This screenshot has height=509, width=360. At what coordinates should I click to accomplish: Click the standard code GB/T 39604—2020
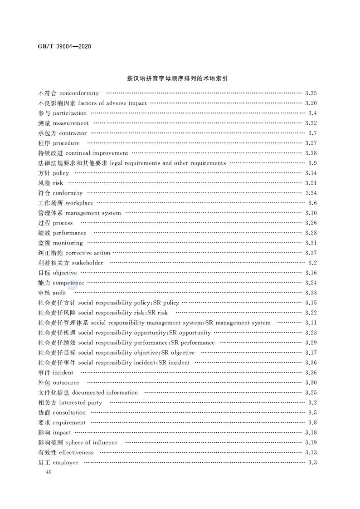[65, 46]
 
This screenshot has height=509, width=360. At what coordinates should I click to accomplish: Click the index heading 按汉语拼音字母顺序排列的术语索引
[177, 78]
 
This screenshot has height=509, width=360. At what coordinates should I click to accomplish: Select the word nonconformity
[79, 93]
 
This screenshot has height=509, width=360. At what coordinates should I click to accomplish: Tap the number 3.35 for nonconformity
[311, 93]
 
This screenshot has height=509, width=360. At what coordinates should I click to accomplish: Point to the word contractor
[73, 133]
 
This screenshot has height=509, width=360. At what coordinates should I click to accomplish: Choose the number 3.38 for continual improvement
[311, 153]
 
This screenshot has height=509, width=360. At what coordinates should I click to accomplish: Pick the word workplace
[79, 203]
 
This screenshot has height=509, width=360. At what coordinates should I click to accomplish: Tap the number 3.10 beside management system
[311, 213]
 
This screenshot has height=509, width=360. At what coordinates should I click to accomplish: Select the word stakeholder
[88, 263]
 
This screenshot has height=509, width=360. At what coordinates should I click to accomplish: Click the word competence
[68, 283]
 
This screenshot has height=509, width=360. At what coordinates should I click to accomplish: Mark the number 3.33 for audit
[311, 293]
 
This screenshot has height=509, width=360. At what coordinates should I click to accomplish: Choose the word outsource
[66, 383]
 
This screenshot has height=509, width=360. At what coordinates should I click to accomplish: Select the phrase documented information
[105, 393]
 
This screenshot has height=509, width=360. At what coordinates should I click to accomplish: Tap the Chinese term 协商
[44, 413]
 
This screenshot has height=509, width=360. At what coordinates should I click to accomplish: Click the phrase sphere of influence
[91, 443]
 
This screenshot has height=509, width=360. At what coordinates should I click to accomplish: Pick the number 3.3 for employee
[312, 463]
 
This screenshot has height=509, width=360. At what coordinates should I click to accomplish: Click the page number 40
[49, 472]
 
